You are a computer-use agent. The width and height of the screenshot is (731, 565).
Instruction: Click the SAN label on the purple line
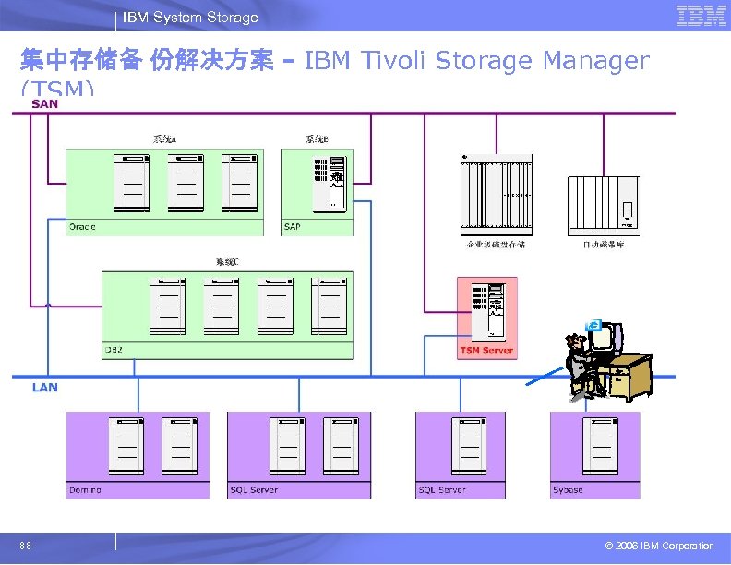point(44,104)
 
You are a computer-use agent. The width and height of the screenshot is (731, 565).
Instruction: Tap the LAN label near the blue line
point(44,388)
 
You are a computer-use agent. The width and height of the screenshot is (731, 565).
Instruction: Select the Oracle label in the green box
point(82,227)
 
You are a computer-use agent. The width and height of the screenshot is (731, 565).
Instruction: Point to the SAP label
point(292,227)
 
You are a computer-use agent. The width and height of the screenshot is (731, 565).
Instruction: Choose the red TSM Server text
point(486,350)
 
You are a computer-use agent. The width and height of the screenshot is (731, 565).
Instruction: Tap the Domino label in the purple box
point(85,490)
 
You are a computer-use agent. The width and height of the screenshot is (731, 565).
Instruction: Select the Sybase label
point(568,490)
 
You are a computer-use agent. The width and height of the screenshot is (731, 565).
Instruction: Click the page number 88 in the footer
point(27,547)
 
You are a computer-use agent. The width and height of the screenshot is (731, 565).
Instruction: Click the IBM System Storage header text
point(191,18)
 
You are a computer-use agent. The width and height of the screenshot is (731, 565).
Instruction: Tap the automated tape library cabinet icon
point(602,205)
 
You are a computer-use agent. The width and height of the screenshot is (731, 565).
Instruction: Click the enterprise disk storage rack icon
point(495,195)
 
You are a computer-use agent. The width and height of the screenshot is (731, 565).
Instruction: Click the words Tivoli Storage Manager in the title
point(475,61)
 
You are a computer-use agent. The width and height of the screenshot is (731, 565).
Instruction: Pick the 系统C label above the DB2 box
point(227,263)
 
